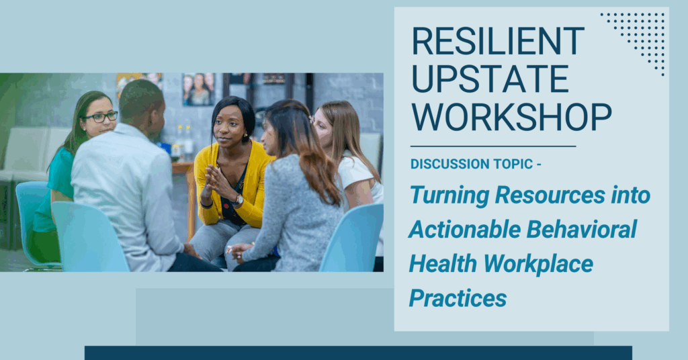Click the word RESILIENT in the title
499,41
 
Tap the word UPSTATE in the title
490,79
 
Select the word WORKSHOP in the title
511,117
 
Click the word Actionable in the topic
464,229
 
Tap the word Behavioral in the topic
581,229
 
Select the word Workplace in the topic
538,264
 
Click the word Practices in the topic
458,298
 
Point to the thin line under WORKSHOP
493,146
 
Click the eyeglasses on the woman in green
101,117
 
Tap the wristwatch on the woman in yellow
239,200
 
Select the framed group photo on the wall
198,89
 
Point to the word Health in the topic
443,264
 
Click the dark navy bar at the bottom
359,353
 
